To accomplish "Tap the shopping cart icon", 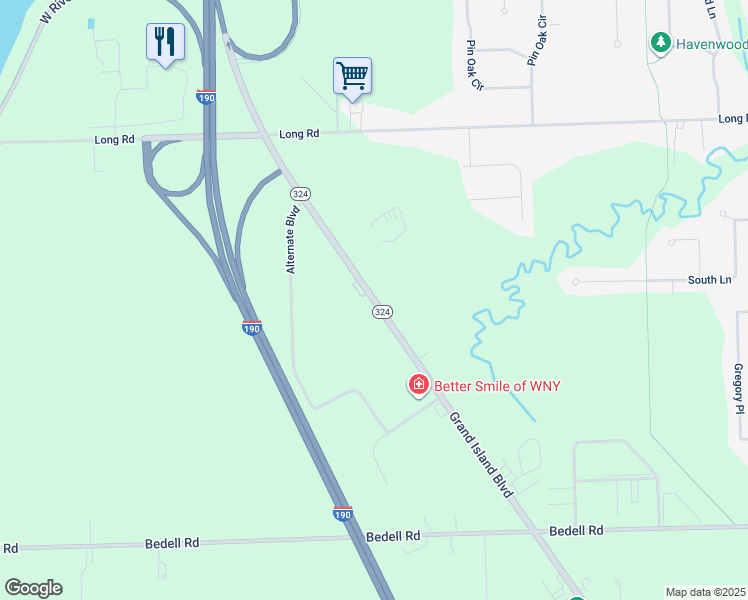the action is click(352, 75).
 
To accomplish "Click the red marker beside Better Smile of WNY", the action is click(418, 384).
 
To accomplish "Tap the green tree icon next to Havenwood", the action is click(659, 42).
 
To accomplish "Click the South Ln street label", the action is click(709, 281).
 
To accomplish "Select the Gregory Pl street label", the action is click(739, 388).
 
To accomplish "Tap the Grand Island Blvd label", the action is click(481, 454).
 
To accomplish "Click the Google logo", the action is click(33, 588).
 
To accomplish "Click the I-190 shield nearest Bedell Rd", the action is click(342, 513).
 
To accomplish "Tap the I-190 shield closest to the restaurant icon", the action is click(206, 97).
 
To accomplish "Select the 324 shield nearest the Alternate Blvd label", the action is click(298, 192).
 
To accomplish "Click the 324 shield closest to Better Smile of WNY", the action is click(382, 312).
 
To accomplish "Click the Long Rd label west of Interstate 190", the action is click(115, 140).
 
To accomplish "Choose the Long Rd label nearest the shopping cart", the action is click(299, 133).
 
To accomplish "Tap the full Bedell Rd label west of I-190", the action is click(172, 542).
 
